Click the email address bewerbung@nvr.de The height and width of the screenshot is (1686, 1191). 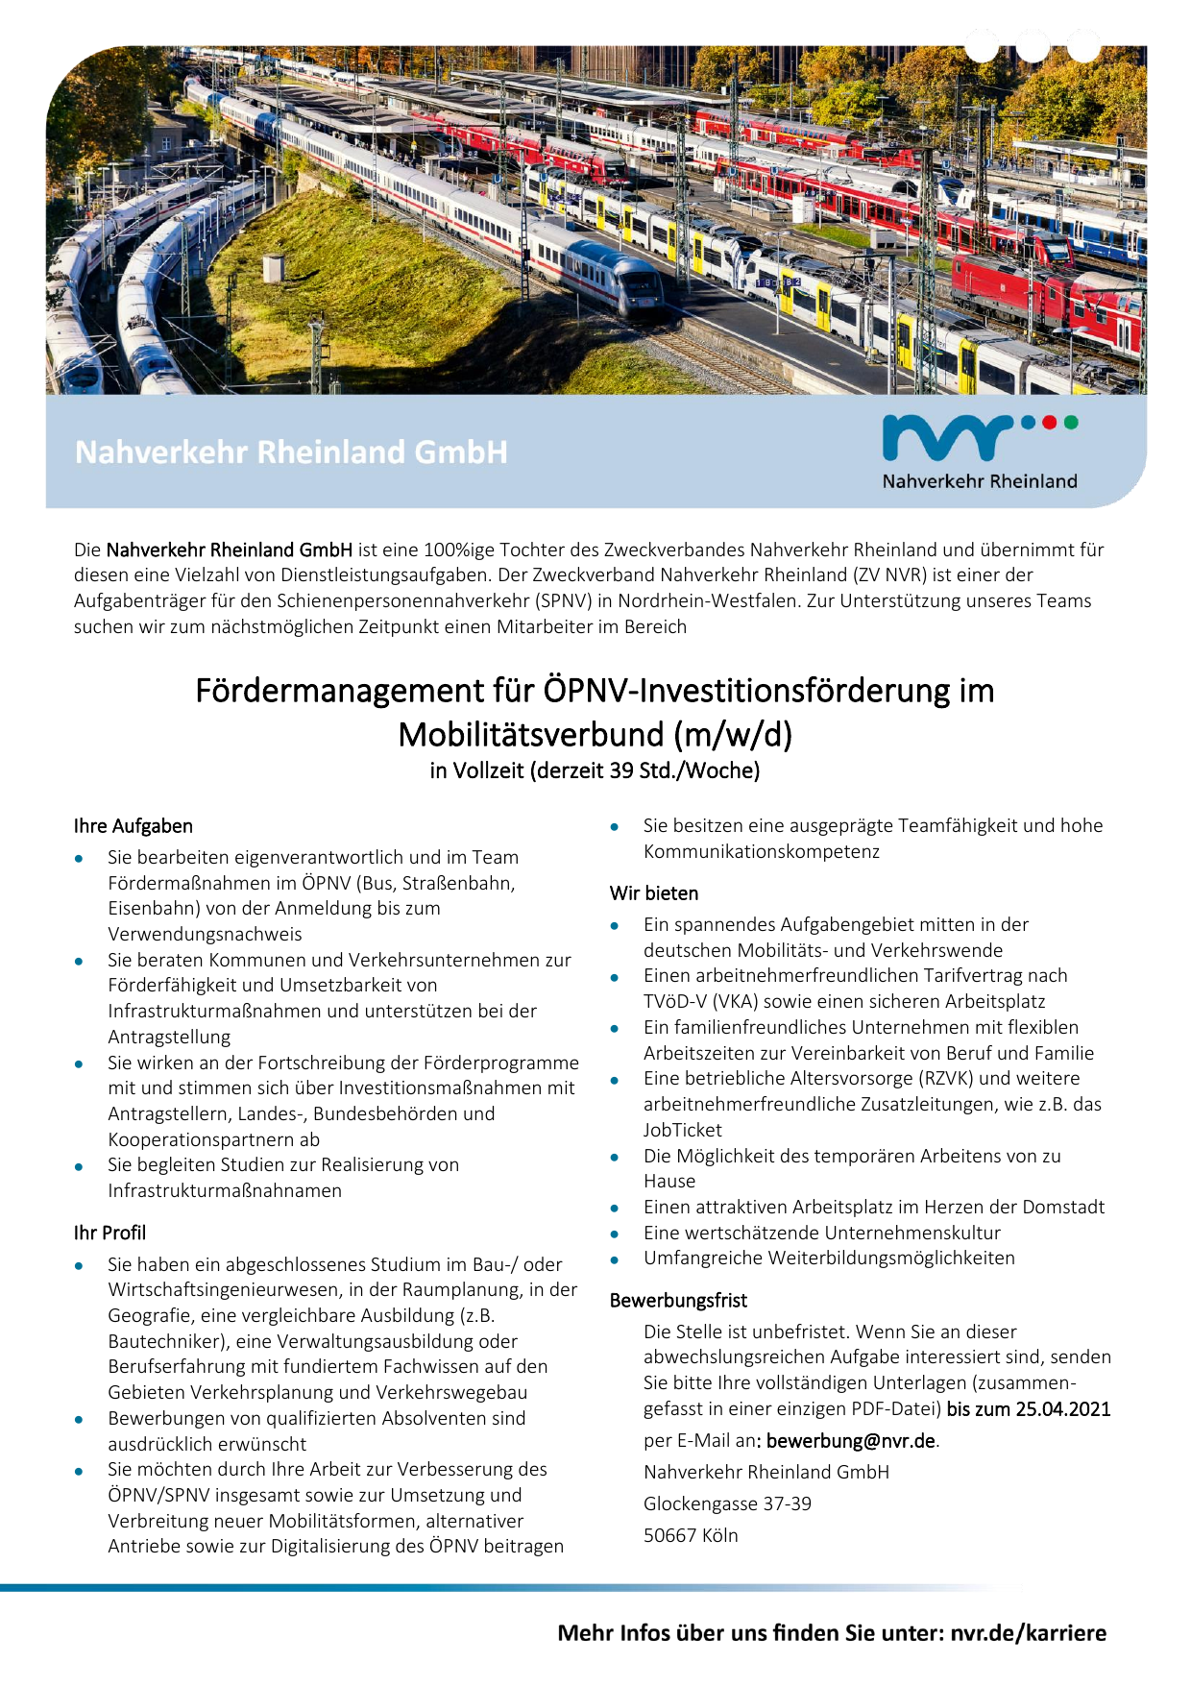click(851, 1441)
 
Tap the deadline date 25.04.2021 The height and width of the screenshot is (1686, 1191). click(1063, 1409)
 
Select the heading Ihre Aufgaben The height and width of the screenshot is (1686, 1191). click(134, 826)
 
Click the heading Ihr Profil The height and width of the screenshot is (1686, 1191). click(109, 1233)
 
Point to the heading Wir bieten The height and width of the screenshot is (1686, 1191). click(654, 893)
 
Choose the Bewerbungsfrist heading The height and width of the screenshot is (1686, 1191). click(678, 1301)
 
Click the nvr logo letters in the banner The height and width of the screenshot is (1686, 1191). click(946, 438)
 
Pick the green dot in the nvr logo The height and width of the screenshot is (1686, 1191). click(1071, 422)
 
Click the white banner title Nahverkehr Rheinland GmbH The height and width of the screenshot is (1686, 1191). click(291, 452)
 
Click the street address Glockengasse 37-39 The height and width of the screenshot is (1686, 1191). click(727, 1503)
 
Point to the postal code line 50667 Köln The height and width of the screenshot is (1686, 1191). click(691, 1535)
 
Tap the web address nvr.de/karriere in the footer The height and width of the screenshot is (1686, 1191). click(1028, 1633)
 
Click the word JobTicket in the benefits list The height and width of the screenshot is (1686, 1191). click(683, 1131)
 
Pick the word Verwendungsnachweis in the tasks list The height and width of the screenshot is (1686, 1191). click(205, 935)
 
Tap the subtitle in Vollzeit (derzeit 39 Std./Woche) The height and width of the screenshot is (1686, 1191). click(595, 770)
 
